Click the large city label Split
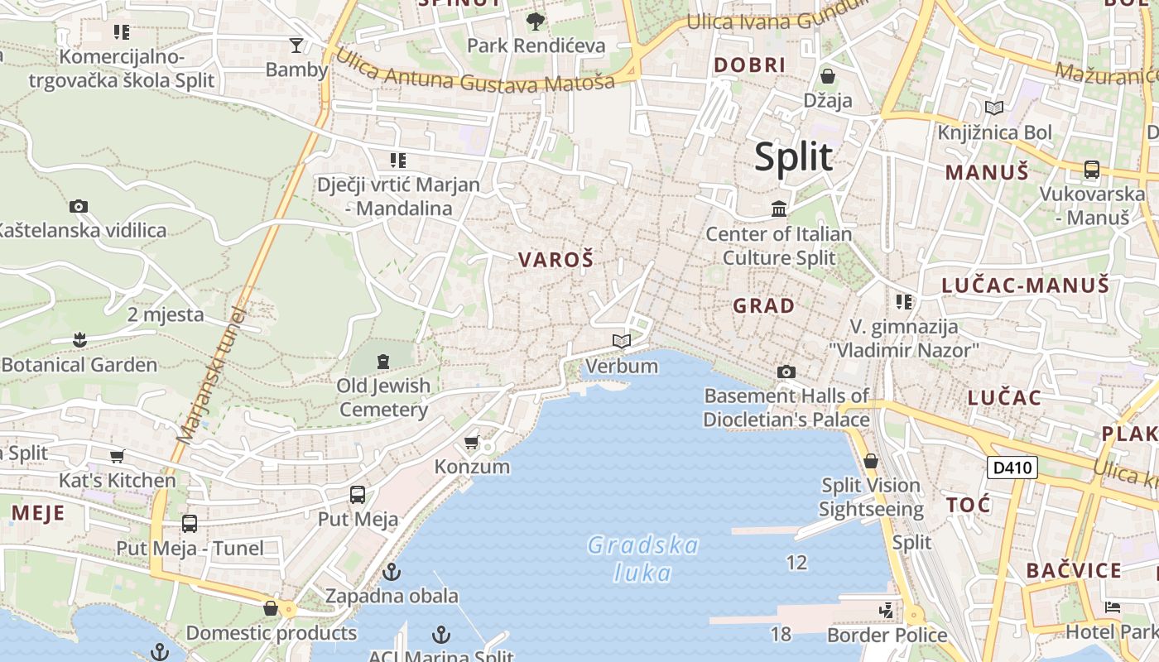(x=793, y=156)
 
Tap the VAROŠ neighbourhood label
(x=555, y=260)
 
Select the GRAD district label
(x=763, y=305)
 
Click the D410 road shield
(x=1012, y=468)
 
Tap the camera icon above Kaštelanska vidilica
(x=79, y=206)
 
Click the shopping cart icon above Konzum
(x=472, y=442)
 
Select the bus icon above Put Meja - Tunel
(x=190, y=523)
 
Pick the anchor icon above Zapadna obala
(x=392, y=572)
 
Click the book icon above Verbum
(x=622, y=341)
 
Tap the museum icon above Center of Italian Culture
(x=779, y=209)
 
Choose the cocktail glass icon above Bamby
(x=296, y=45)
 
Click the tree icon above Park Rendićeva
(x=536, y=21)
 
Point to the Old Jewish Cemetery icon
(x=382, y=362)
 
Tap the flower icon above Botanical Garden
(x=79, y=339)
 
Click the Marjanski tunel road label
(x=211, y=375)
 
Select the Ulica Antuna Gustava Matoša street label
(x=476, y=72)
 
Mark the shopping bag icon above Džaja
(x=827, y=77)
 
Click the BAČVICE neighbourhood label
(x=1074, y=570)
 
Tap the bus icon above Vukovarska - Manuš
(x=1092, y=170)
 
